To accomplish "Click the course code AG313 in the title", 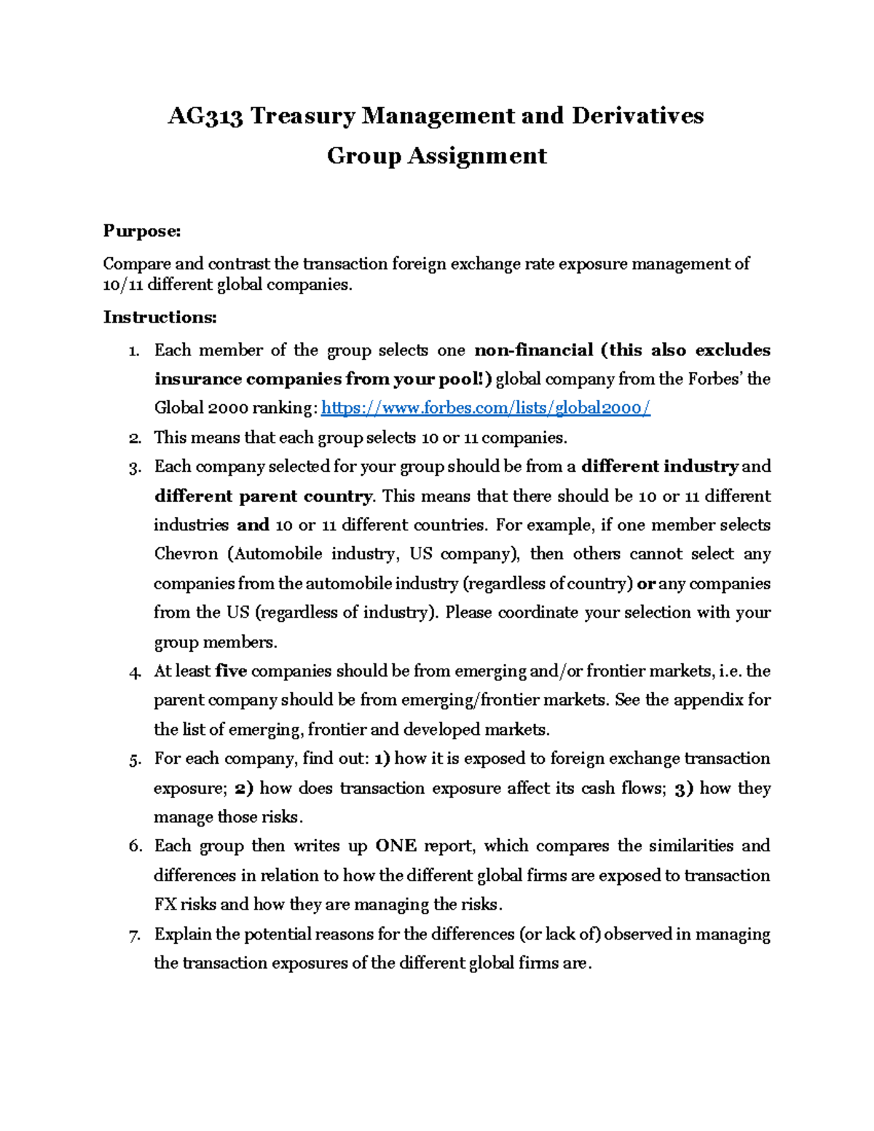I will click(205, 117).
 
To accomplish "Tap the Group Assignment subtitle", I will click(436, 156).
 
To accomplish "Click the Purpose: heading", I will click(141, 232).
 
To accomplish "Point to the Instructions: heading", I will click(160, 318).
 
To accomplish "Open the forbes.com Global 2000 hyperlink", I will click(485, 409).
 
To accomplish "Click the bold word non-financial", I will click(534, 350).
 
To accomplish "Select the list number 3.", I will click(134, 468).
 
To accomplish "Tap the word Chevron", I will click(186, 554).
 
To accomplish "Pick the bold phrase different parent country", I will click(263, 497).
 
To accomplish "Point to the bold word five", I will click(231, 671).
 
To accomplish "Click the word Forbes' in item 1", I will click(714, 379).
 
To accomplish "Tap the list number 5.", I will click(134, 760).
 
